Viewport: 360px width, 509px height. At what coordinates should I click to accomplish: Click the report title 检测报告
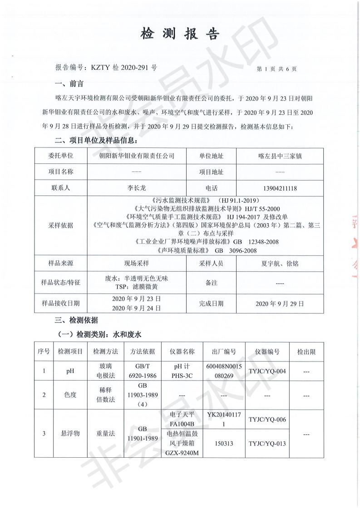[x=180, y=34]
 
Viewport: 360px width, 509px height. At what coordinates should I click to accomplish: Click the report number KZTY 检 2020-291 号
[x=106, y=67]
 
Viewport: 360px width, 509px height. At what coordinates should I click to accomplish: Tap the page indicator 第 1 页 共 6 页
[x=276, y=69]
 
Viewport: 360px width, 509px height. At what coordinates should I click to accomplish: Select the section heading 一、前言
[x=69, y=83]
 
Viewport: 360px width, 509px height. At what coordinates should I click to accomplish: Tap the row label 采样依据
[x=60, y=225]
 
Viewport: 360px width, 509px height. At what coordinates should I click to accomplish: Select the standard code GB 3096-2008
[x=234, y=250]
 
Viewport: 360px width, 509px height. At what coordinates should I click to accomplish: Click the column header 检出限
[x=306, y=352]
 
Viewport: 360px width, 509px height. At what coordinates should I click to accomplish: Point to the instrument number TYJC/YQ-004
[x=267, y=372]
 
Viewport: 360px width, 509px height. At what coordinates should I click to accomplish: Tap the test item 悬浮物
[x=70, y=434]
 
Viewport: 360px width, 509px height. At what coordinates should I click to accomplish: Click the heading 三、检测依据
[x=76, y=320]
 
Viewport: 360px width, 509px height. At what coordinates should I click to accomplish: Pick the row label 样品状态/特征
[x=60, y=283]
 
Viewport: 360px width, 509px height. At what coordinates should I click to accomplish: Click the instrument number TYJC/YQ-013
[x=267, y=443]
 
